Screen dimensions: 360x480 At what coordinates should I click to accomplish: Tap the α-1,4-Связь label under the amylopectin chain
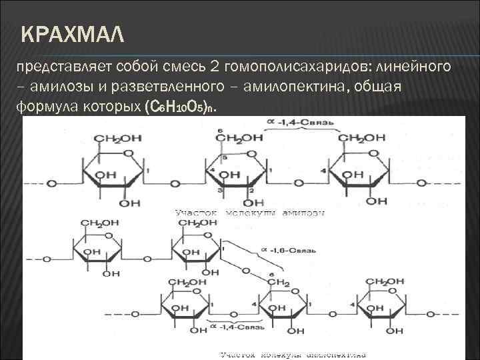[x=231, y=327]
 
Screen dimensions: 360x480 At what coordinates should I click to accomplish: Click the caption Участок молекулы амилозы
[x=250, y=213]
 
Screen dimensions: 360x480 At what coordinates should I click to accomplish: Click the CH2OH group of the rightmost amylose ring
[x=362, y=139]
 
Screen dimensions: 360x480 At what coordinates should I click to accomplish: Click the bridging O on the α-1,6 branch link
[x=247, y=271]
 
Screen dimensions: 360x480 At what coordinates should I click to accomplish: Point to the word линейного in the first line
[x=413, y=68]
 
